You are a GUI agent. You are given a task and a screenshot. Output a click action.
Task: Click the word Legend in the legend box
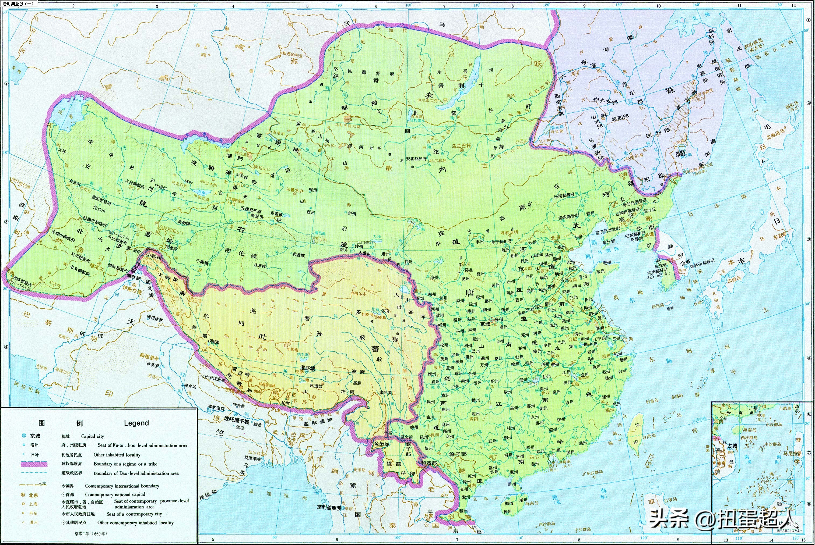(x=136, y=423)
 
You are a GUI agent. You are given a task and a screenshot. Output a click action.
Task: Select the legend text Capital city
(x=93, y=436)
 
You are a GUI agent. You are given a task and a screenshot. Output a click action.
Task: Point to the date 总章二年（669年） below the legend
(x=91, y=533)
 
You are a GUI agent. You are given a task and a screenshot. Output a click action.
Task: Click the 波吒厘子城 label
(x=237, y=422)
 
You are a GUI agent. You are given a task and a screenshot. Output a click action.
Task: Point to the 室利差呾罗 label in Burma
(x=328, y=508)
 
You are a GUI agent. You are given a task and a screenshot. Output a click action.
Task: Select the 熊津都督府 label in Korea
(x=656, y=269)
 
